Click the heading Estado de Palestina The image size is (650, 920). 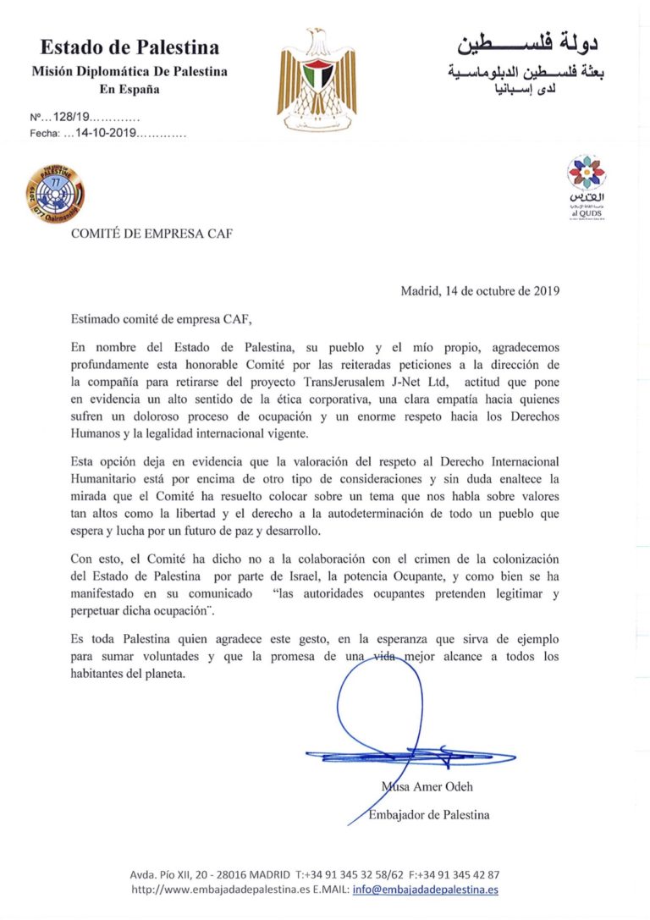(129, 47)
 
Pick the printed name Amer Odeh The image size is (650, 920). (440, 787)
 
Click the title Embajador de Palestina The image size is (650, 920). (429, 815)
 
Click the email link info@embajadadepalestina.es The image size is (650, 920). (425, 890)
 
